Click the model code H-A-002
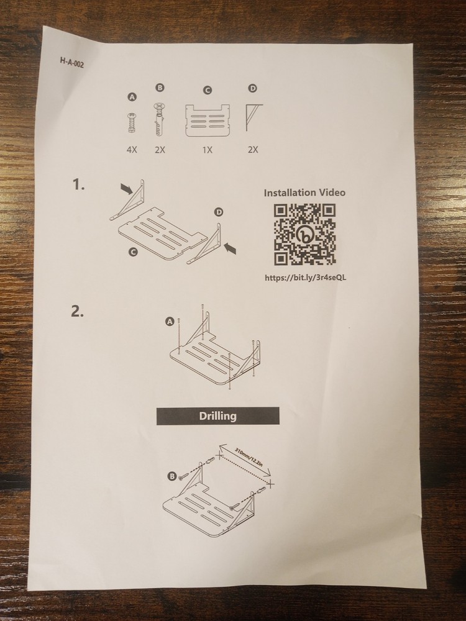tap(72, 63)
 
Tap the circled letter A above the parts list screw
tap(132, 97)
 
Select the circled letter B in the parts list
tap(160, 88)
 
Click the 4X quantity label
tap(132, 150)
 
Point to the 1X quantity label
tap(208, 150)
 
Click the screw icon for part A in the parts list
tap(132, 123)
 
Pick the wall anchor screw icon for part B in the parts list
tap(159, 119)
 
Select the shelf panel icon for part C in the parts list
tap(208, 120)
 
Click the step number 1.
tap(78, 184)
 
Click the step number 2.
tap(77, 311)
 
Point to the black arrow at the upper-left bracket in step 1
tap(126, 189)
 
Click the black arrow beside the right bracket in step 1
tap(231, 249)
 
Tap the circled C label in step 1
tap(134, 252)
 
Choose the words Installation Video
tap(304, 193)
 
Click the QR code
tap(304, 234)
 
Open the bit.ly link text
tap(306, 277)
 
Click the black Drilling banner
tap(218, 416)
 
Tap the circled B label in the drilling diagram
tap(171, 476)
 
